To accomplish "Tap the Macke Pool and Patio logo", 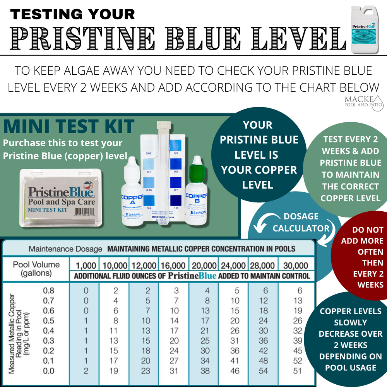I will (363, 101).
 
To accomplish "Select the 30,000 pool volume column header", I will (295, 265).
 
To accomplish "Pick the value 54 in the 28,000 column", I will (263, 371).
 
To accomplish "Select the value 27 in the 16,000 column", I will (174, 361).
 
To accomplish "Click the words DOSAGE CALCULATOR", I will (301, 223).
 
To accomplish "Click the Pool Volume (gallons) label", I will (36, 269).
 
